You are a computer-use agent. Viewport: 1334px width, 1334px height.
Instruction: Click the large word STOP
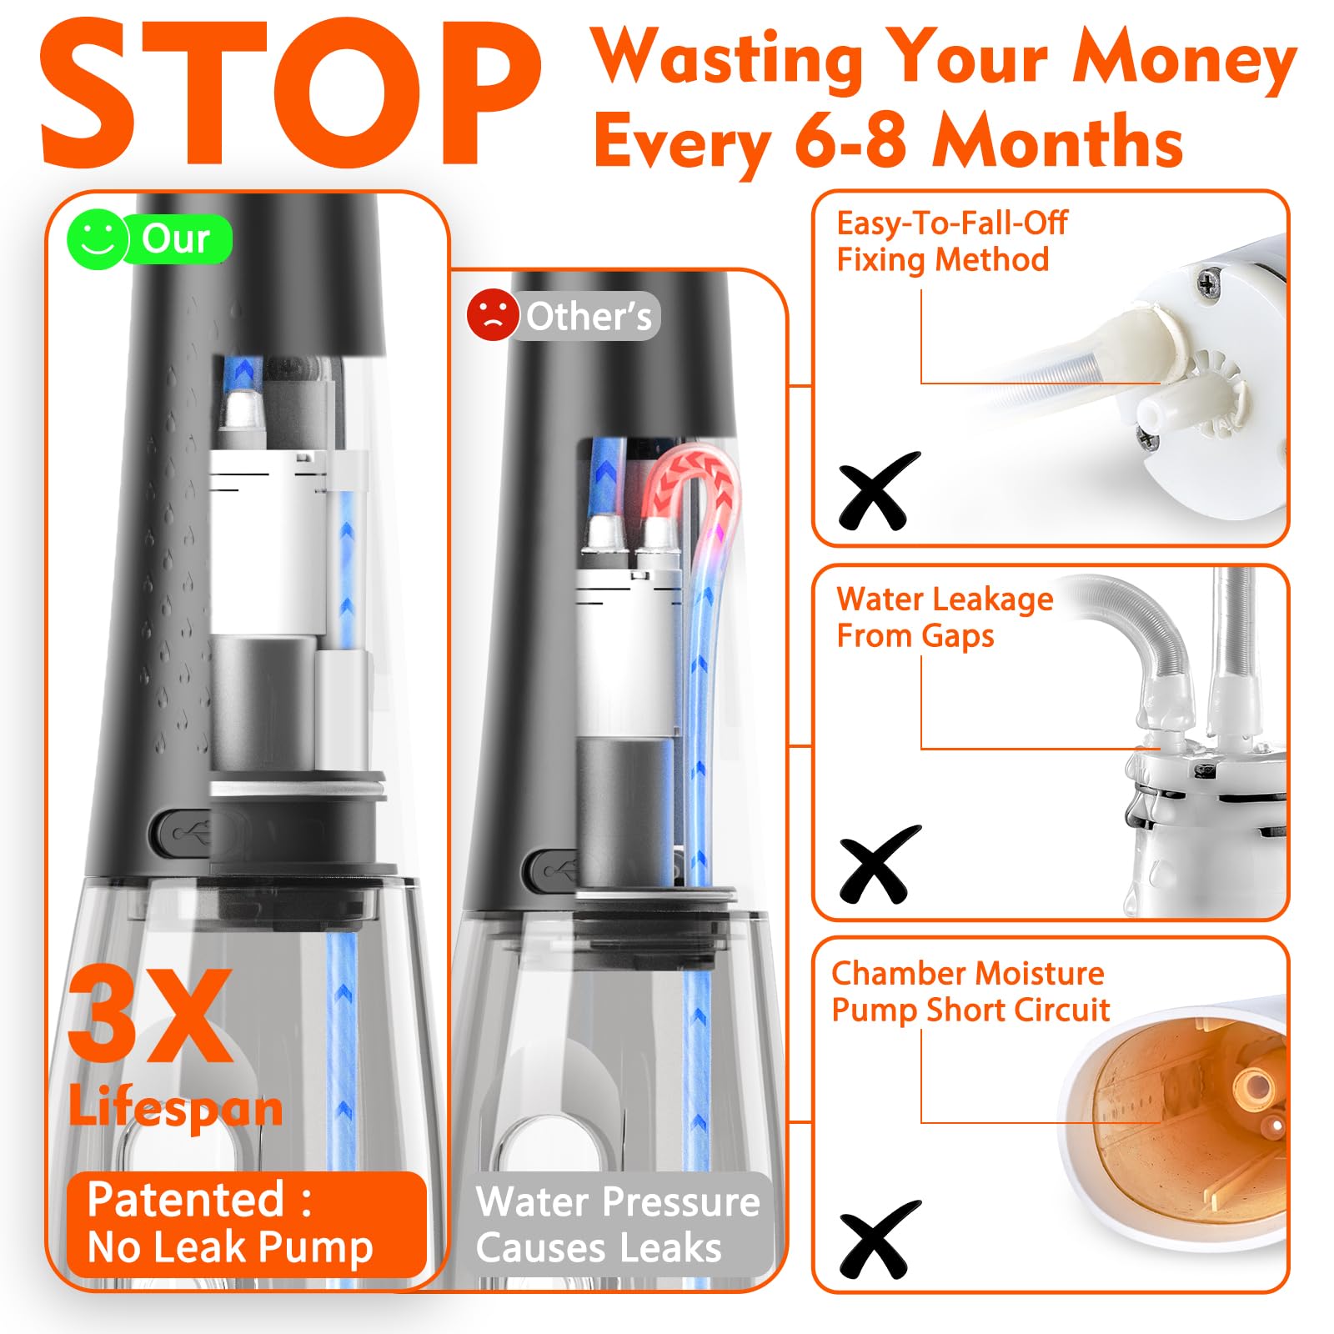pyautogui.click(x=290, y=93)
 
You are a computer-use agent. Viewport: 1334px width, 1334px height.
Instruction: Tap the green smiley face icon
pyautogui.click(x=98, y=239)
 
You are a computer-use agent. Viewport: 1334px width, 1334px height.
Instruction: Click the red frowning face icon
pyautogui.click(x=493, y=315)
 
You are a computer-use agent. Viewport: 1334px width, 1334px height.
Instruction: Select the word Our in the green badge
pyautogui.click(x=175, y=239)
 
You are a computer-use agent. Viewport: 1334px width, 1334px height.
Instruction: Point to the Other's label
pyautogui.click(x=589, y=317)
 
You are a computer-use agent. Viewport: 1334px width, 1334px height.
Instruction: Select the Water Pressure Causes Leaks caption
pyautogui.click(x=618, y=1225)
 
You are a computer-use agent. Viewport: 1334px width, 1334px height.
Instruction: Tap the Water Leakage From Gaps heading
pyautogui.click(x=945, y=617)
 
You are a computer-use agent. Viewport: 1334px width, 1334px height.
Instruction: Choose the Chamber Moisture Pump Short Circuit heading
pyautogui.click(x=970, y=991)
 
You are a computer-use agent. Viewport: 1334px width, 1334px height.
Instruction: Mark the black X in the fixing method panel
pyautogui.click(x=879, y=491)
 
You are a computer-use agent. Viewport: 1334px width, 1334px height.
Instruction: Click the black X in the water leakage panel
pyautogui.click(x=879, y=865)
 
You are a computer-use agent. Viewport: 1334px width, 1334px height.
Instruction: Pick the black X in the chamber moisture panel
pyautogui.click(x=879, y=1240)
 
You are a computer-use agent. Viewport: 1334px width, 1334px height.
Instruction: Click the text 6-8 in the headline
pyautogui.click(x=850, y=141)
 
